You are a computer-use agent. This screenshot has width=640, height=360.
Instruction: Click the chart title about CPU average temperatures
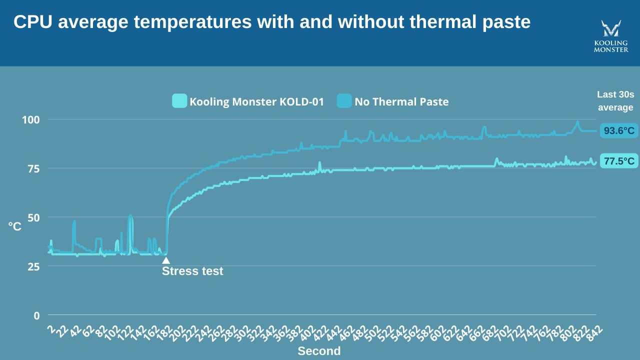coord(271,22)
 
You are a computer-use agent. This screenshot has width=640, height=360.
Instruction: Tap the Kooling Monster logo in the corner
coord(610,36)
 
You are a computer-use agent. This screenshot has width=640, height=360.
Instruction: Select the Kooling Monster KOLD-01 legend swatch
coord(179,101)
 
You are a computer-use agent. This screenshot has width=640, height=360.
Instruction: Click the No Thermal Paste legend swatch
coord(344,101)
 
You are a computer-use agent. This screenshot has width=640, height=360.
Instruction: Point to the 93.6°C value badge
coord(619,131)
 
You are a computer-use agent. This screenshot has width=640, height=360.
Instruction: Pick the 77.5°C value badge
coord(619,161)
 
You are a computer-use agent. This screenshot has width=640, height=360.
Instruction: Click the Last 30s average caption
coord(615,101)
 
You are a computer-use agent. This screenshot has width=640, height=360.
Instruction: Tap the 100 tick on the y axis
coord(30,120)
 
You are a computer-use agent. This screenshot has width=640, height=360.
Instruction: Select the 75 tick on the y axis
coord(33,168)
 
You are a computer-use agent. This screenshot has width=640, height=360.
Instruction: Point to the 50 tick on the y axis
coord(33,217)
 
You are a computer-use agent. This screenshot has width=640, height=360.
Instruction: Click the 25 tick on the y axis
coord(33,266)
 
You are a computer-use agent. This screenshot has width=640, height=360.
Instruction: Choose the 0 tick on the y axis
coord(36,315)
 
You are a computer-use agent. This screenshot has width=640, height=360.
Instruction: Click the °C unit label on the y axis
coord(15,226)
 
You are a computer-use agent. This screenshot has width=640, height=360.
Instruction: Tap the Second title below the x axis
coord(319,351)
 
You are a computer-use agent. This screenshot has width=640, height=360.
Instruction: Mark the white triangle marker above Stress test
coord(166,260)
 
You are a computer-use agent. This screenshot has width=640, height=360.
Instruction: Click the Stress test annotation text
coord(192,271)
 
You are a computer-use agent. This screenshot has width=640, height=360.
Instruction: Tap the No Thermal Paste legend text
coord(401,102)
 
